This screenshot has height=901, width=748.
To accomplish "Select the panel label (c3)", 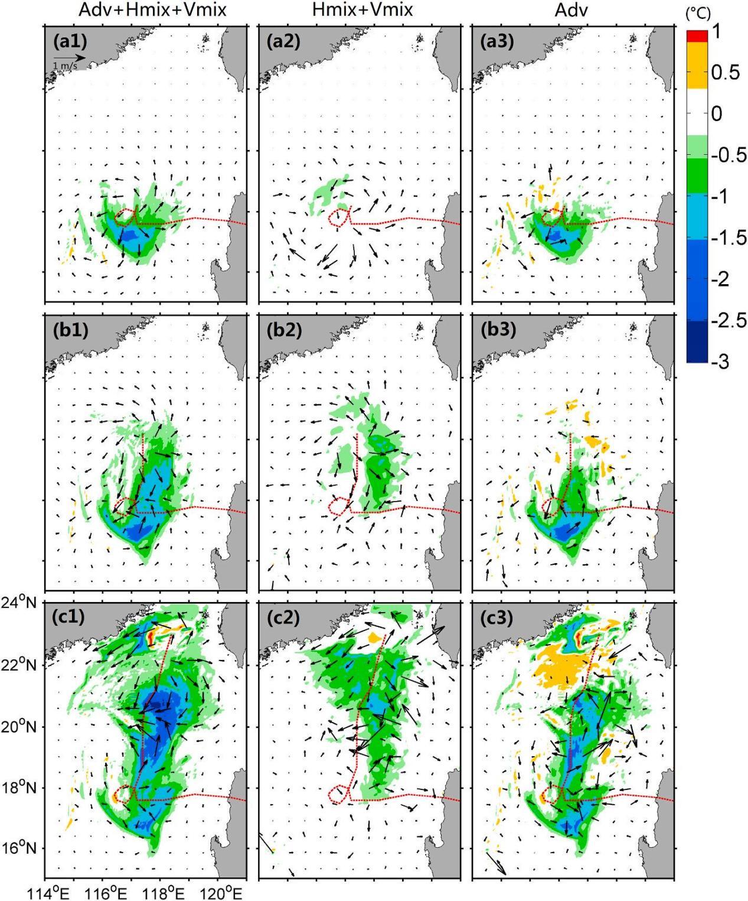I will point(497,617).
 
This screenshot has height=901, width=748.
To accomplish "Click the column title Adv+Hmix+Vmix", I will point(145,10).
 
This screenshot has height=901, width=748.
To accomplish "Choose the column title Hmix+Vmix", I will point(358,10).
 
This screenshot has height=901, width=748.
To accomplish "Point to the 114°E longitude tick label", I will point(47,892).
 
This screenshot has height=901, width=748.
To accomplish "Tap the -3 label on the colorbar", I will point(719,361).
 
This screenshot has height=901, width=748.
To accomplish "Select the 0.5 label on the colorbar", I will point(725,73).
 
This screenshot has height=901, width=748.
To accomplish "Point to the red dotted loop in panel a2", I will point(338,217).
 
